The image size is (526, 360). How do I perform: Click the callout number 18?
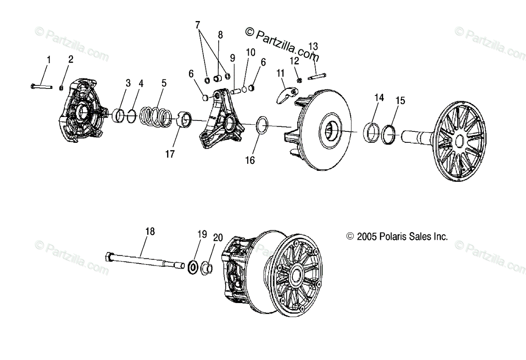pos(150,231)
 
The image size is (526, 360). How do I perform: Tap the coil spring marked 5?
pos(155,116)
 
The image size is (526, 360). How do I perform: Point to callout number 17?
pos(170,154)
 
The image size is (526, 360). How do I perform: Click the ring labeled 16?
pos(262,125)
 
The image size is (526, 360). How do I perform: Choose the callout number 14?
pos(379,98)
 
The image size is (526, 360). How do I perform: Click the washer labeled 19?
pos(192,267)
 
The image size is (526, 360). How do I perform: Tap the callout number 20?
pos(218,238)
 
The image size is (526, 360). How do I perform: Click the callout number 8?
pos(220,34)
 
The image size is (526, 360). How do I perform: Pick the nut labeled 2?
pos(62,87)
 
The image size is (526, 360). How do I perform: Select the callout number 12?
pos(294,60)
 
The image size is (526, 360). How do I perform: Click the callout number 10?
pos(250,52)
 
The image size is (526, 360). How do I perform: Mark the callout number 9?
pos(232,57)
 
